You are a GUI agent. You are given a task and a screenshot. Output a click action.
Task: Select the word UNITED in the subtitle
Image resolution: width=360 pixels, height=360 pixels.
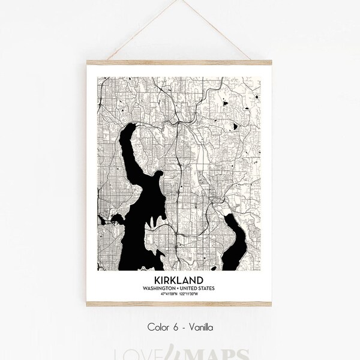pyautogui.click(x=191, y=289)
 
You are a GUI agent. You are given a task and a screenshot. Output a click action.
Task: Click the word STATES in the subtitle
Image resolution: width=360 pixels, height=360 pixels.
pyautogui.click(x=208, y=289)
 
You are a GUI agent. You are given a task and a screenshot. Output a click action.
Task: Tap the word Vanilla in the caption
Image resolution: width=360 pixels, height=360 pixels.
pyautogui.click(x=200, y=328)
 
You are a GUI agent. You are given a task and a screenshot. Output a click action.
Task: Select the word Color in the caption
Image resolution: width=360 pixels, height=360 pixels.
pyautogui.click(x=158, y=328)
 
